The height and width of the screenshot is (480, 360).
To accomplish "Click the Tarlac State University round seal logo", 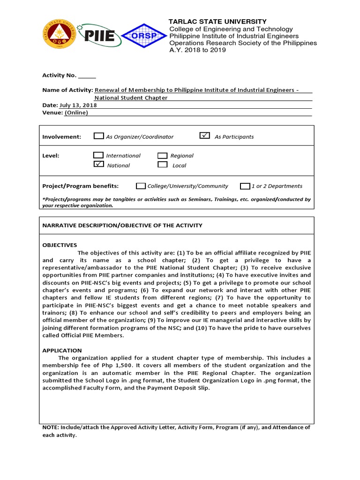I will click(x=59, y=35).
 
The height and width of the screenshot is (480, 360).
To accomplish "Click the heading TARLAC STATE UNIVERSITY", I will click(x=217, y=22).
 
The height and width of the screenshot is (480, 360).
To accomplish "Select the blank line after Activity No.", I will click(x=87, y=76).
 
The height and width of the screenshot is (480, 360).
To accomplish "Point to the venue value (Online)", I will click(x=76, y=112).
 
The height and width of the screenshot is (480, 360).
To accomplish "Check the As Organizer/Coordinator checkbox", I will click(x=98, y=136).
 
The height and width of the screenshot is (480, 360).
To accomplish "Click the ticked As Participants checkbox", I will click(x=204, y=136).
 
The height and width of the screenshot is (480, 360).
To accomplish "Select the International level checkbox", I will click(x=98, y=155).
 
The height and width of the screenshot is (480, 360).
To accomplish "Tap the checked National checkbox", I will click(x=98, y=165).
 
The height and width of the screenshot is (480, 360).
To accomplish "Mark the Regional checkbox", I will click(x=162, y=156).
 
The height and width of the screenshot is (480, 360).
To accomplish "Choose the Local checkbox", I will click(x=162, y=165).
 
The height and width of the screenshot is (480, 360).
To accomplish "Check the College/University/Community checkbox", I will click(x=141, y=186).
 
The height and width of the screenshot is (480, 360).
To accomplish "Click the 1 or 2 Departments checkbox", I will click(x=245, y=186).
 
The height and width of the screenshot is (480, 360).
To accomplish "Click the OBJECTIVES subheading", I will click(x=60, y=245).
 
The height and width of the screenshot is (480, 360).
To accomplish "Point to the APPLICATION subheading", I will click(x=62, y=351).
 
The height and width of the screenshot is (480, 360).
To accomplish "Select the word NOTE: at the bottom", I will click(x=51, y=427).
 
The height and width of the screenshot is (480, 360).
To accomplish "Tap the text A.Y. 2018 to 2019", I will click(x=197, y=50).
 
